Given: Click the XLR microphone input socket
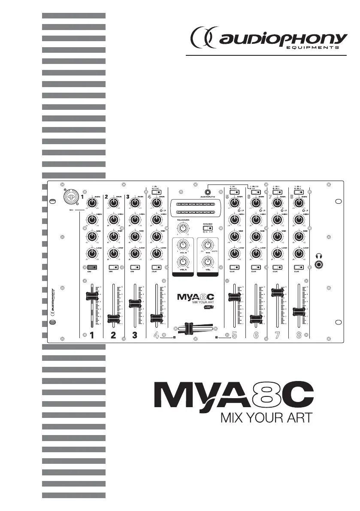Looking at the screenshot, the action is pos(69,197).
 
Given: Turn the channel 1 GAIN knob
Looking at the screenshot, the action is pos(91,203).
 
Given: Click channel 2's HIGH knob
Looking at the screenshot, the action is pos(113,220).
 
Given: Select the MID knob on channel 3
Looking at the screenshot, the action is pos(135,236).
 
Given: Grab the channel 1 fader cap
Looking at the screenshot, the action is pos(92,296).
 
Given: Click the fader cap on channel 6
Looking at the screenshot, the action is pos(256,318).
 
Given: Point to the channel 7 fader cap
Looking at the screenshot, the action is pos(278,292).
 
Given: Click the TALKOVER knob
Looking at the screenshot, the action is pos(183,227).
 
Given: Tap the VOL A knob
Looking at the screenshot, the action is pos(184,260).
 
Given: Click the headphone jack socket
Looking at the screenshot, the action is pos(318,265).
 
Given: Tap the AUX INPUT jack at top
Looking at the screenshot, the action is pos(209,192).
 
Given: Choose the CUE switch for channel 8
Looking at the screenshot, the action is pos(299,267).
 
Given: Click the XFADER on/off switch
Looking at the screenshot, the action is pos(208,228).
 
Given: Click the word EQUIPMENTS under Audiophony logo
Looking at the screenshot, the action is pos(313,48).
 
